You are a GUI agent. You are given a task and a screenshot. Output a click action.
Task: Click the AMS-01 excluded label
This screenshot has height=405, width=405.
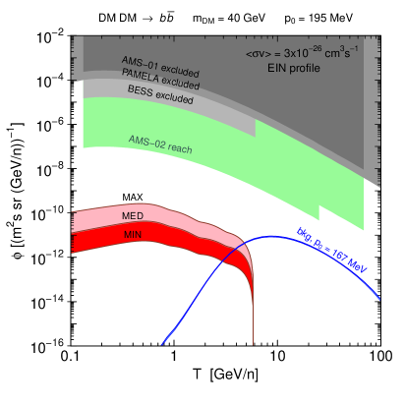160,67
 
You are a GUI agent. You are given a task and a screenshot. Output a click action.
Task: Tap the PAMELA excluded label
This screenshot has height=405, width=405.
159,80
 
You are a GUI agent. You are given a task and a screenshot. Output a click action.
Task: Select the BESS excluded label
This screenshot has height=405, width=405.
160,94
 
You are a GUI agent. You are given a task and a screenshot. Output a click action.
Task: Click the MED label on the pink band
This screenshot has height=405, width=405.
134,216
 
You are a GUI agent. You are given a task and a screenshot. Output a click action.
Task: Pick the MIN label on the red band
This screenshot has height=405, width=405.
134,235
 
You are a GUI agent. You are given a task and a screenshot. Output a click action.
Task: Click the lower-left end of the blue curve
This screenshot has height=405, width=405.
163,344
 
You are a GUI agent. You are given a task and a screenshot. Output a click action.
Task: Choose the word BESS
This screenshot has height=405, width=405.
141,91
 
